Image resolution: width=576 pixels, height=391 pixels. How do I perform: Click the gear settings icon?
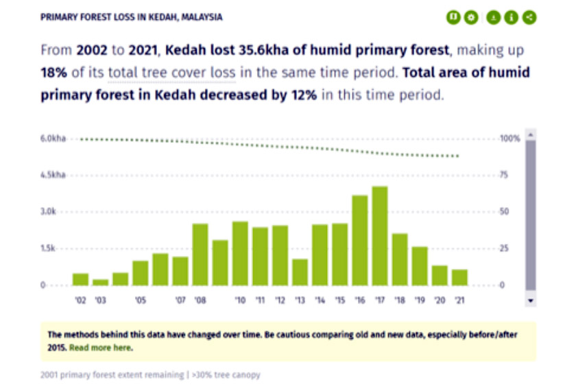coord(470,17)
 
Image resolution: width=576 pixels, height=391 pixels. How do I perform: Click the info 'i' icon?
coord(511,17)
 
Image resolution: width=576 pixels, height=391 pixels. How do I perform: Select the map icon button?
coord(453,17)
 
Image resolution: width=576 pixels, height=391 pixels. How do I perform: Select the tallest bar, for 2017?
coord(380,235)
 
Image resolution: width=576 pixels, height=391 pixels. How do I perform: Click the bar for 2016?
coord(360,240)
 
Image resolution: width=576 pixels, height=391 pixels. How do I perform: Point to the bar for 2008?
coord(200,254)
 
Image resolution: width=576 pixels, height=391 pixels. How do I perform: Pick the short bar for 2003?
coord(100,281)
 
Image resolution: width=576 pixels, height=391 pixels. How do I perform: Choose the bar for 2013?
coord(300,272)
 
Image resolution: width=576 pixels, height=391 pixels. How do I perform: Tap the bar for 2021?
coord(459,277)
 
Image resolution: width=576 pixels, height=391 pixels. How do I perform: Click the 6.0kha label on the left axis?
coord(53,139)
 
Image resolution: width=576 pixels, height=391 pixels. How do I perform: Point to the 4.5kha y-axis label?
coord(53,175)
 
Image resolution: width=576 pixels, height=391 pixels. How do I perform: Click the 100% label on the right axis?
coord(509,139)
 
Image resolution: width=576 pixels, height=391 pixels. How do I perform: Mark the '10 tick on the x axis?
coord(240,300)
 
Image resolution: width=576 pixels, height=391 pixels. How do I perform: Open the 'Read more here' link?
coord(101,348)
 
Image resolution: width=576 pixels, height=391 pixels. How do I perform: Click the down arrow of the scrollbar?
coord(531,300)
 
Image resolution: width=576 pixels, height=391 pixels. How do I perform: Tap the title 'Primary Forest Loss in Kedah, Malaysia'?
coord(131,16)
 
